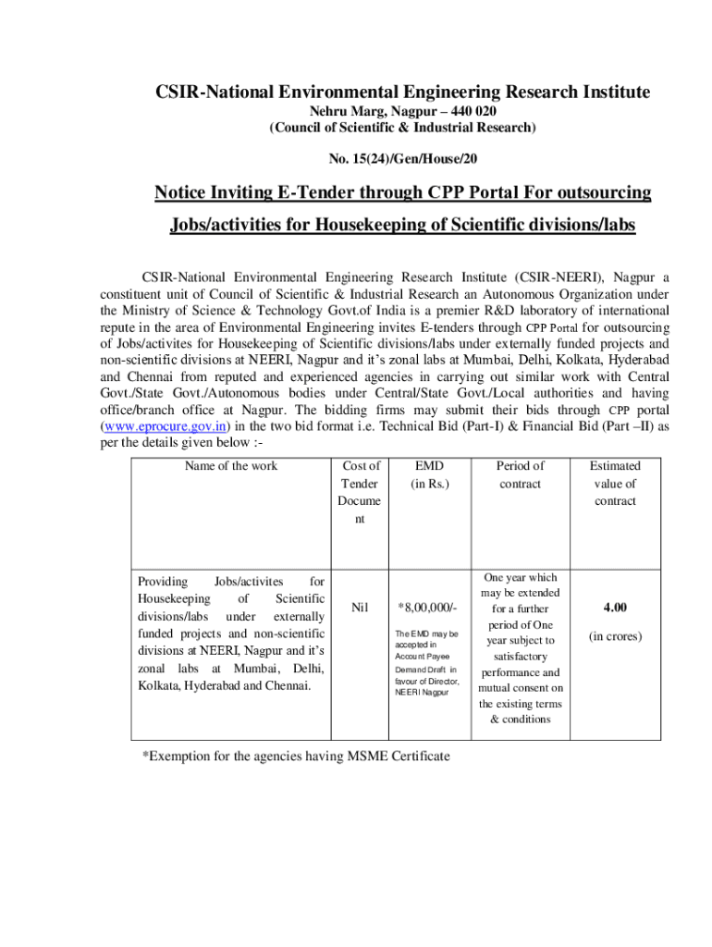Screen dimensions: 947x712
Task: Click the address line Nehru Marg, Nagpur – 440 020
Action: click(x=402, y=111)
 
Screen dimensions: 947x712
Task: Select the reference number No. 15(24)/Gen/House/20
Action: click(x=402, y=159)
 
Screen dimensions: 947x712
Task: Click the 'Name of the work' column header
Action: click(x=230, y=466)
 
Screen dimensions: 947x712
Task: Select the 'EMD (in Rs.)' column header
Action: click(x=426, y=474)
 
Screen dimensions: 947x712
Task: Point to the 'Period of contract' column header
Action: click(x=520, y=474)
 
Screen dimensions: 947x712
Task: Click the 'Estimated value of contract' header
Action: click(x=615, y=483)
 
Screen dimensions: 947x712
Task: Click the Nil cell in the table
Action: click(x=361, y=608)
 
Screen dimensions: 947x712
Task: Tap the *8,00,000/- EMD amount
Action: click(x=426, y=608)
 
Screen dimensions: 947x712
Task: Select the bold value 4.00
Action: click(x=615, y=608)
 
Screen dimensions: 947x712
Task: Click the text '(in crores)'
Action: click(x=615, y=636)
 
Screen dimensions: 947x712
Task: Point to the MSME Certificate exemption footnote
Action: click(x=295, y=756)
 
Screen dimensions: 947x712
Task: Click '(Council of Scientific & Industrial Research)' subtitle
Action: click(x=402, y=128)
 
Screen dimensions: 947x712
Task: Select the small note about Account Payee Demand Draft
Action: click(x=426, y=663)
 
